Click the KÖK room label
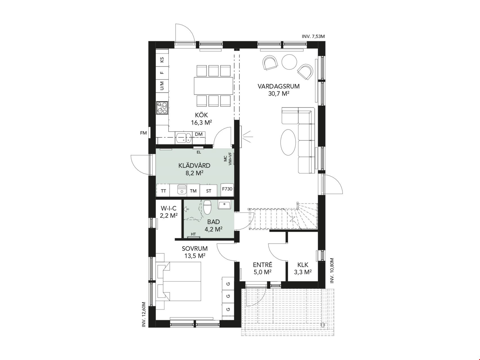[201, 115]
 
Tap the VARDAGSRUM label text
[279, 86]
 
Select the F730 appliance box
[227, 189]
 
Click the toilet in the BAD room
[208, 207]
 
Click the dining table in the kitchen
[213, 86]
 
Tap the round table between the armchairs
[289, 62]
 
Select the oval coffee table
[288, 142]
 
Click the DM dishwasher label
[199, 134]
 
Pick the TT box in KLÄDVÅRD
[163, 191]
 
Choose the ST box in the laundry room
[209, 191]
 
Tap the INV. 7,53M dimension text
[313, 37]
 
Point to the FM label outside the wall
[143, 133]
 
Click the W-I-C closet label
[169, 208]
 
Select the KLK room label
[303, 265]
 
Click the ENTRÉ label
[263, 265]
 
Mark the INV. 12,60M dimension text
[144, 314]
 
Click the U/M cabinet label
[162, 85]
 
